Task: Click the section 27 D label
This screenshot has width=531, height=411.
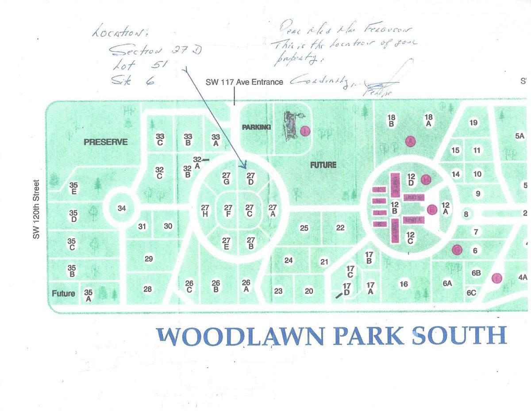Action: point(250,179)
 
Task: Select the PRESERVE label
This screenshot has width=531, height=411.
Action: point(106,142)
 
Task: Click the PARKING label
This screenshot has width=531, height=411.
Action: point(256,127)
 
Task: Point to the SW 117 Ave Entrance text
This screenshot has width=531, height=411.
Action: point(244,82)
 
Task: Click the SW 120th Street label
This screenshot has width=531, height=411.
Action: point(37,209)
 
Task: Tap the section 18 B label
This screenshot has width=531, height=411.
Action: point(391,121)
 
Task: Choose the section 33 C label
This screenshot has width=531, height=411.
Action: point(160,140)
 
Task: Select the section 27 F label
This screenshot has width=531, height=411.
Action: point(228,210)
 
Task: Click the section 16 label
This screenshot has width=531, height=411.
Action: point(403,284)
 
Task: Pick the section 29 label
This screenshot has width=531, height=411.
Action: point(149,259)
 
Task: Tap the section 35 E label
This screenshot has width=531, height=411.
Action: point(74,188)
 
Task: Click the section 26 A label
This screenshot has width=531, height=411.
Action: point(246,286)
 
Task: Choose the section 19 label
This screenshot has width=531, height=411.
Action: point(473,123)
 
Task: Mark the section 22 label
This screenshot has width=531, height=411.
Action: point(340,228)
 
